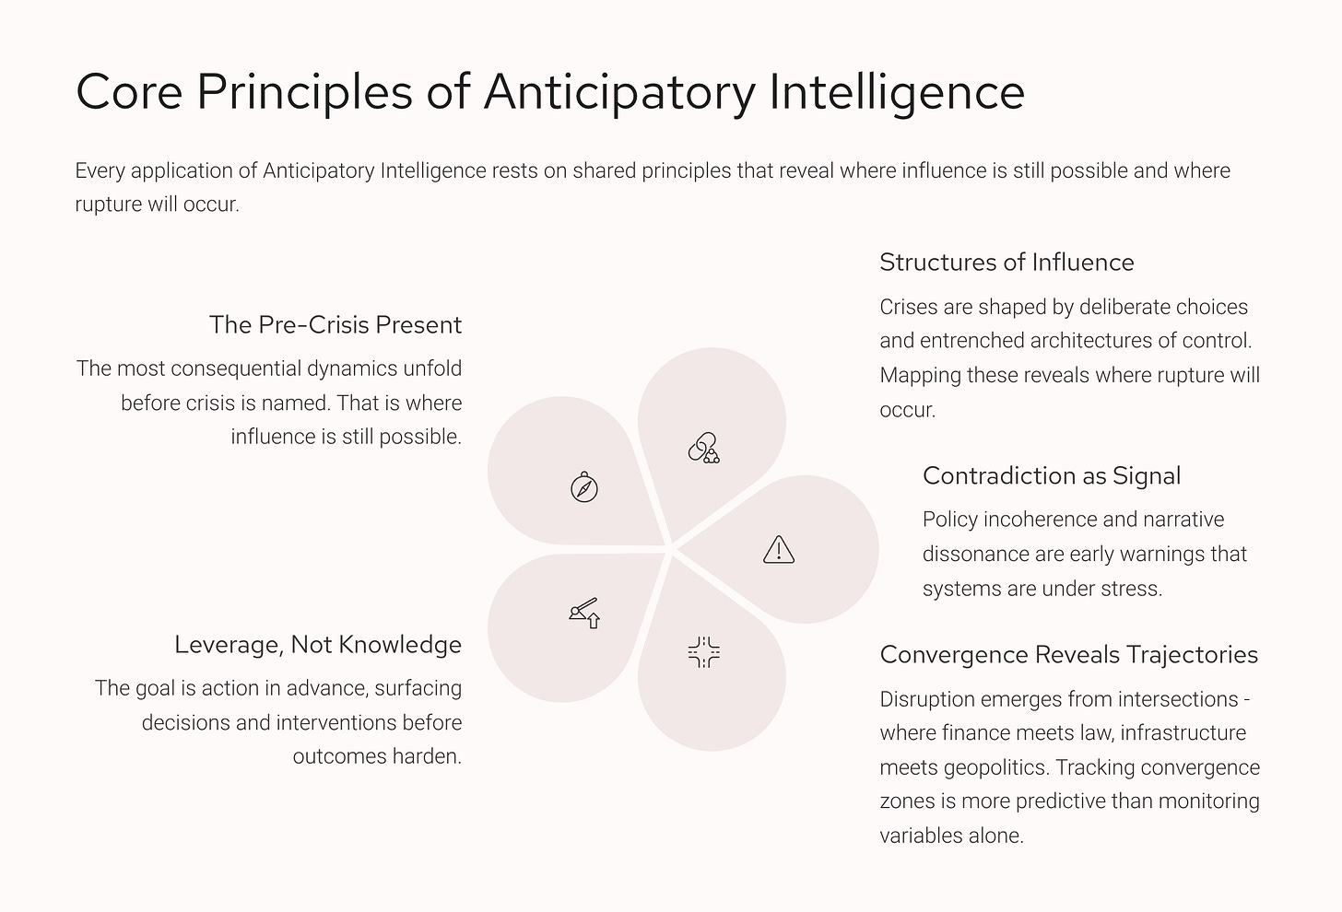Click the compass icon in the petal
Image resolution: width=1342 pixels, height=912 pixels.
(584, 486)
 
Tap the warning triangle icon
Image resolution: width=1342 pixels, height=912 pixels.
(779, 549)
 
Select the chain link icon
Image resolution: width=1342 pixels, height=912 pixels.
(703, 448)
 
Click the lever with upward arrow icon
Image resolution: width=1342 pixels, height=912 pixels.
(584, 612)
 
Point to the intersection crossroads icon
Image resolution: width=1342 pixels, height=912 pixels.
(703, 652)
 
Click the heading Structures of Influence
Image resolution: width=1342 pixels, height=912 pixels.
(1006, 263)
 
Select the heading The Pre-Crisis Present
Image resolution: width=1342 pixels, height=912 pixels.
(335, 325)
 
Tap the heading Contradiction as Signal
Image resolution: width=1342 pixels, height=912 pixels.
(1051, 476)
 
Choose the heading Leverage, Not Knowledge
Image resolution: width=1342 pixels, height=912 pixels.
(318, 645)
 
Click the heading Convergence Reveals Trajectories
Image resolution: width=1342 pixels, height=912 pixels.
(1068, 655)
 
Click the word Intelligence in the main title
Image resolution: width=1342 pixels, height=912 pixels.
(896, 92)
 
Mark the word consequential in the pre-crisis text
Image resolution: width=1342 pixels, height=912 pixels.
(235, 368)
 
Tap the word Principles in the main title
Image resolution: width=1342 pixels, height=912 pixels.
(304, 92)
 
